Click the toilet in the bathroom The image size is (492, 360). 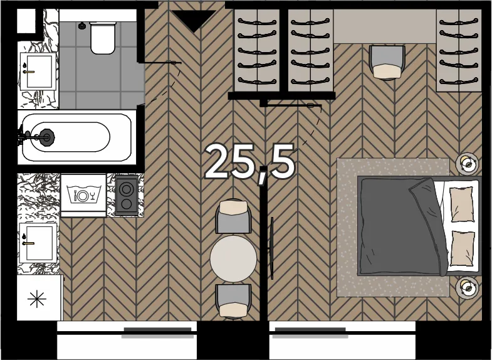(102, 38)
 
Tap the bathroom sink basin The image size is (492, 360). (39, 72)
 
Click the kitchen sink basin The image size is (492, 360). (38, 243)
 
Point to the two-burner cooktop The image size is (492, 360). (126, 196)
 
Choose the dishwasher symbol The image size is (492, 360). (83, 194)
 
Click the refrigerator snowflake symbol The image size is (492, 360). (37, 299)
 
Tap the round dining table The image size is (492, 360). (233, 258)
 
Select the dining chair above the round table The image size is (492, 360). (233, 216)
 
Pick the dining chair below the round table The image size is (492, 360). (233, 300)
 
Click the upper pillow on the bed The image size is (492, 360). (461, 204)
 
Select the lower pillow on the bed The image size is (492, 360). (463, 248)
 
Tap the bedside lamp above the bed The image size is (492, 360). (467, 164)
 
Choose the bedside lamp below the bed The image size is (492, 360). (467, 287)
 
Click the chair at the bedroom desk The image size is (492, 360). (387, 63)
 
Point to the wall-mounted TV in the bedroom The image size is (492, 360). (272, 248)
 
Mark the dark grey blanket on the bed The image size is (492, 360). (403, 226)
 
